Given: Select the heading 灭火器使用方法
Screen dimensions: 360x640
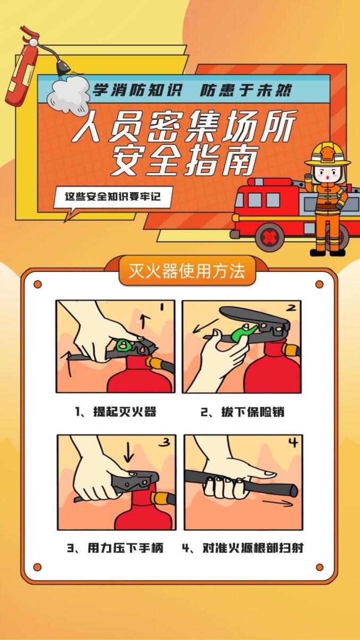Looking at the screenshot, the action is coord(187,271).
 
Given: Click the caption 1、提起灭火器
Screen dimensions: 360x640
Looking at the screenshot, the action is coord(115,412).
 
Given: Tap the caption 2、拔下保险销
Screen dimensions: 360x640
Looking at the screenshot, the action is coord(242,412).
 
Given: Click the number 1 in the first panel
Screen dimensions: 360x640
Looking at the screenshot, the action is coord(162,307).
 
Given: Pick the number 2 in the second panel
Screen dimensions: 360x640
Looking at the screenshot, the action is coord(291,307).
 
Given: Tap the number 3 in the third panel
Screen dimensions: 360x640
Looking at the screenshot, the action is coord(165,442).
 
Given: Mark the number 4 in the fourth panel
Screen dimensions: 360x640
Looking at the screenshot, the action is coord(293,443).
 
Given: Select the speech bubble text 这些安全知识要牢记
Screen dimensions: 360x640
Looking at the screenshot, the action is coord(113,196).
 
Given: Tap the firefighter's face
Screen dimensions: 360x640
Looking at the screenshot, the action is coord(328,174).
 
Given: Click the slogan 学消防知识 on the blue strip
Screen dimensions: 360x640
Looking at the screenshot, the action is coord(137,90).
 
